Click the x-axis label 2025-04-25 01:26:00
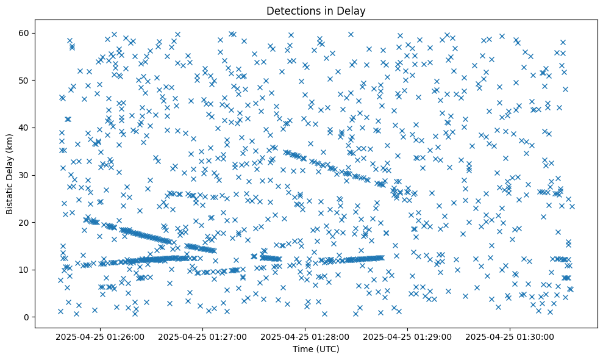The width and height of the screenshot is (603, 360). pyautogui.click(x=100, y=336)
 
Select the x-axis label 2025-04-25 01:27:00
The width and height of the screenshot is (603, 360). pyautogui.click(x=202, y=336)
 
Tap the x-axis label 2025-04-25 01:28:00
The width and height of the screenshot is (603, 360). pyautogui.click(x=305, y=336)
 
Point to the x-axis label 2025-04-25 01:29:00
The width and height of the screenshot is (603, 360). pyautogui.click(x=407, y=336)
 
